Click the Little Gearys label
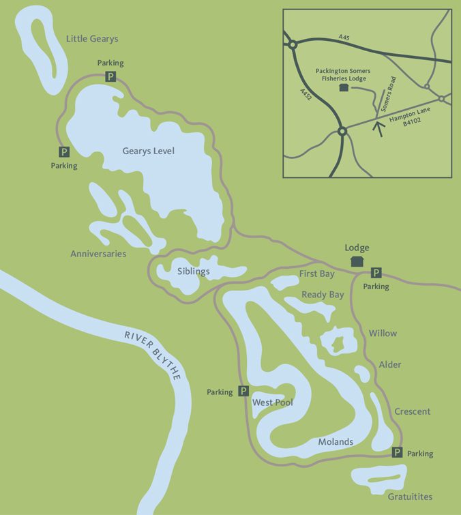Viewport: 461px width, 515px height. pos(92,39)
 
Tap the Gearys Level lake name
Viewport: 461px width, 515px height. pos(148,151)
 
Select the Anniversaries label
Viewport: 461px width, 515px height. pos(98,254)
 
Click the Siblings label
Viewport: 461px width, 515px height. pos(193,271)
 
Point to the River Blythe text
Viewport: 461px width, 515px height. pos(152,354)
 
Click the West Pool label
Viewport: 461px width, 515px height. pos(273,402)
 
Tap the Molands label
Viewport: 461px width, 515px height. pos(336,442)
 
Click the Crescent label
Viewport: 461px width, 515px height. pos(412,411)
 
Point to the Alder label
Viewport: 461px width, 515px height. pos(389,365)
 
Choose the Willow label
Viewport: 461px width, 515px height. pos(383,334)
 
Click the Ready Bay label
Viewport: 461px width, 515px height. pos(323,295)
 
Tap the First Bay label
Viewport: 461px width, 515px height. pos(318,274)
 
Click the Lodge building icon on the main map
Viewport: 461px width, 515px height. pos(356,261)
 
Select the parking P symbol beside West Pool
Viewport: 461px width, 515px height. pos(243,392)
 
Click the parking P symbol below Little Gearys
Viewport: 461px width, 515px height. pos(110,77)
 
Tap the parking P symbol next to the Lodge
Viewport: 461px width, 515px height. pos(376,273)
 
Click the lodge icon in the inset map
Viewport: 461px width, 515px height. pos(343,88)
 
